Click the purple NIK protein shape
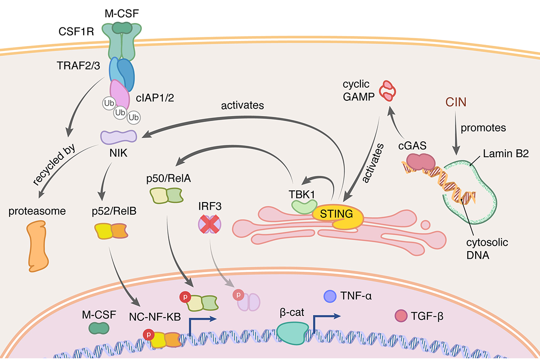pos(118,137)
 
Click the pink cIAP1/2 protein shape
pos(120,94)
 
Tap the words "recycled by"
pos(53,167)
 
